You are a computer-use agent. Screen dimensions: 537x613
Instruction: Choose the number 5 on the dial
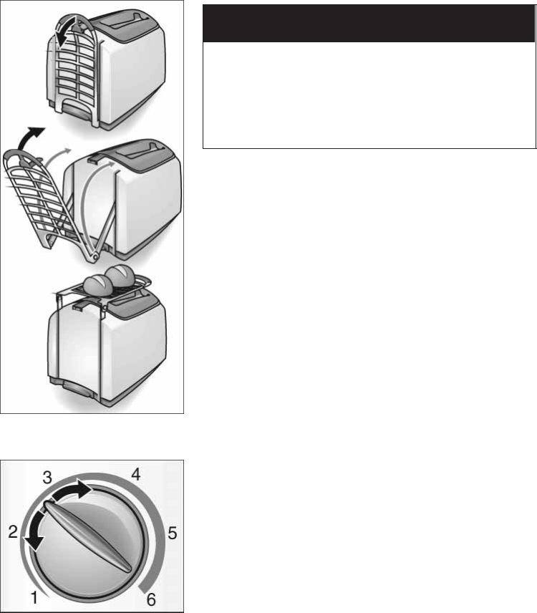pos(172,533)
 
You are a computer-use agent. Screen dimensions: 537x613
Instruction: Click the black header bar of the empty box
pos(369,24)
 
